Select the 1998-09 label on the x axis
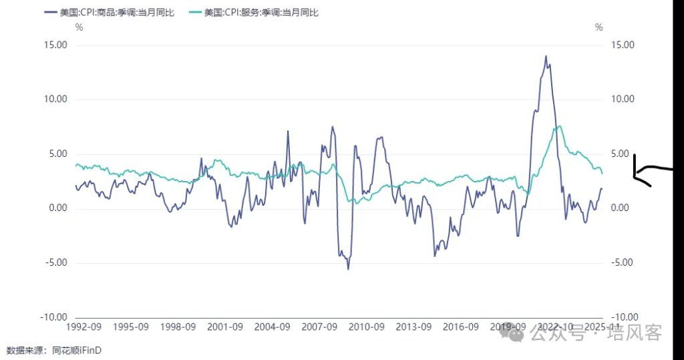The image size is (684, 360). [178, 327]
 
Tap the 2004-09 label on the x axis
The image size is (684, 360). [273, 327]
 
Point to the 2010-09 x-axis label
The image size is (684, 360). [367, 327]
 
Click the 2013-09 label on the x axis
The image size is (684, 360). [414, 327]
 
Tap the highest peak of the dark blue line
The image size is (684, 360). [546, 56]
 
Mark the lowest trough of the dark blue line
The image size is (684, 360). [348, 268]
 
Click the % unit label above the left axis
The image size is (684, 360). [79, 28]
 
